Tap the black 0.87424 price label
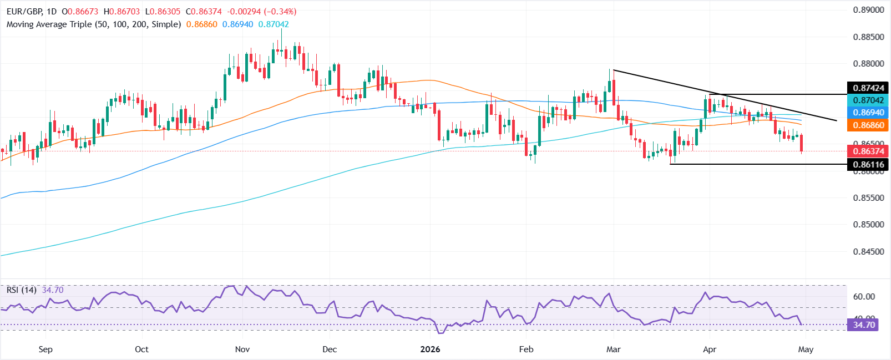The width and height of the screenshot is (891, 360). point(868,88)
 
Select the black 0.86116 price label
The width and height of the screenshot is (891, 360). point(868,164)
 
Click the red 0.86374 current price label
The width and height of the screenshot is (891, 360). point(868,151)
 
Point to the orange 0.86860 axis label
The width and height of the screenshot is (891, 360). point(868,125)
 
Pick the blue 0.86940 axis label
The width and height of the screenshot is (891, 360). point(868,113)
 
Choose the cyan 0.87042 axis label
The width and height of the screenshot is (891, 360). point(868,100)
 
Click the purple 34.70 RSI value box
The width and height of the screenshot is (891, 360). point(863,324)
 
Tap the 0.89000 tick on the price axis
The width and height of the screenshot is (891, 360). point(868,10)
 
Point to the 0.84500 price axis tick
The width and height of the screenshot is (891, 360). point(868,251)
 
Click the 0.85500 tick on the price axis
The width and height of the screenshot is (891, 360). point(868,198)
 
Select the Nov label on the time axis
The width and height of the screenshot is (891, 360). point(242,349)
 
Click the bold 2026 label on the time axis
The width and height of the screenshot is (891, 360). point(430,349)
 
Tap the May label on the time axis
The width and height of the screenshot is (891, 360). point(806,349)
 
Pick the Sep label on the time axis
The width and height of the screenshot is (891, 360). point(45,349)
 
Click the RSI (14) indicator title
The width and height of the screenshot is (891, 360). point(21,290)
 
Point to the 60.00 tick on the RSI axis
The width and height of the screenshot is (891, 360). point(863,297)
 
